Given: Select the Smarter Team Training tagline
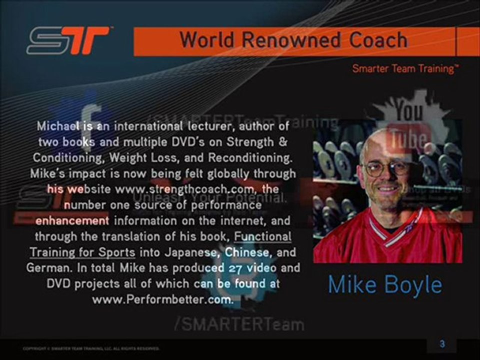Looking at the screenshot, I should click(x=405, y=68).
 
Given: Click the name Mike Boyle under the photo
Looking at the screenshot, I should click(x=385, y=284).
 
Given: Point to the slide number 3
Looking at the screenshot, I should click(x=442, y=344).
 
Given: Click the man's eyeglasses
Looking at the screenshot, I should click(x=386, y=167).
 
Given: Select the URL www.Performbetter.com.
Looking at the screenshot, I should click(x=163, y=300).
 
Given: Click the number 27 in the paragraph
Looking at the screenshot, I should click(x=235, y=268).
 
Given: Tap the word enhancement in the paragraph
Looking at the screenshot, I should click(x=72, y=220).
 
